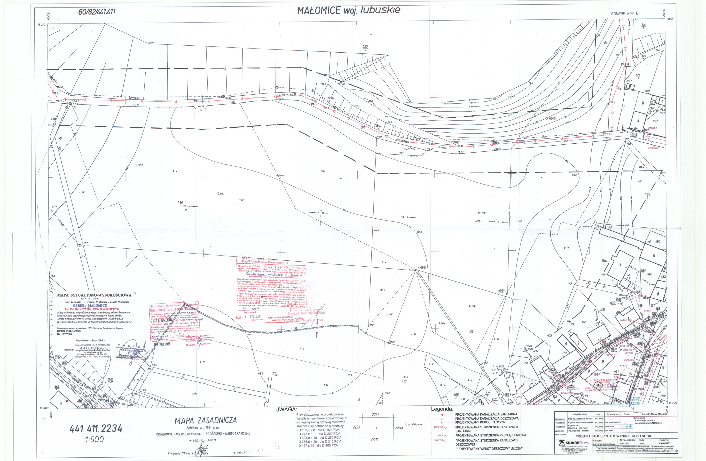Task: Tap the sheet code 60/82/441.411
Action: click(x=97, y=12)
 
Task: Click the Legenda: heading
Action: click(x=442, y=409)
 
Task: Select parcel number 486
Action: click(x=180, y=203)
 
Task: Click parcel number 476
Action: click(x=478, y=221)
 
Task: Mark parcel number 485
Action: click(x=260, y=373)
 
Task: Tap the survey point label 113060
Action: click(x=329, y=98)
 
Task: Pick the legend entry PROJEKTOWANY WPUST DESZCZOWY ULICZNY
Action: click(x=489, y=449)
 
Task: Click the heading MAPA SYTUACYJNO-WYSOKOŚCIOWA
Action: click(x=94, y=295)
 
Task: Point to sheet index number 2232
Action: click(x=375, y=415)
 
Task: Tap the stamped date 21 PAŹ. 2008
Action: click(x=252, y=316)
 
